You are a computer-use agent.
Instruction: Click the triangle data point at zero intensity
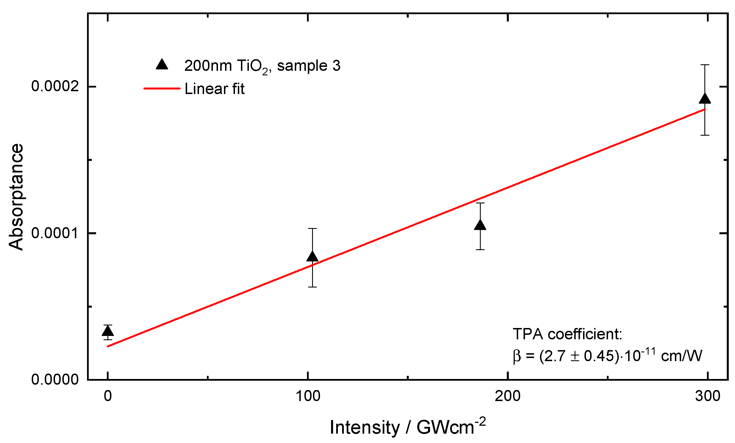pos(108,331)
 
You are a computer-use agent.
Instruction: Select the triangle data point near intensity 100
pos(312,257)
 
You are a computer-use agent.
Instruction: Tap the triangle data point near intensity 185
pos(480,225)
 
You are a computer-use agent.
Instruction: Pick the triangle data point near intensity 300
pos(705,99)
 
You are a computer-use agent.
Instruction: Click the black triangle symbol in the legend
pos(162,65)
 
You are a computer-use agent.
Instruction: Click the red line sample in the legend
pos(162,89)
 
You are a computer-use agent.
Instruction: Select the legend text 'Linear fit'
pos(215,89)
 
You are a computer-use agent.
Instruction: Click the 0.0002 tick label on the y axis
pos(55,86)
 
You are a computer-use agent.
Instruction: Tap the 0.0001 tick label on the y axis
pos(55,233)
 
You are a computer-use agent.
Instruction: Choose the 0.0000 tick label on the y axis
pos(55,380)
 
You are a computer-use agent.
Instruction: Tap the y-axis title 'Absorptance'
pos(16,197)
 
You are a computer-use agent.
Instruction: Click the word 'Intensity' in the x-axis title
pos(365,427)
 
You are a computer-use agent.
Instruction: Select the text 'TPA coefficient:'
pos(567,334)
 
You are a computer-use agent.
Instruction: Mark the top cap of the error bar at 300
pos(705,65)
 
